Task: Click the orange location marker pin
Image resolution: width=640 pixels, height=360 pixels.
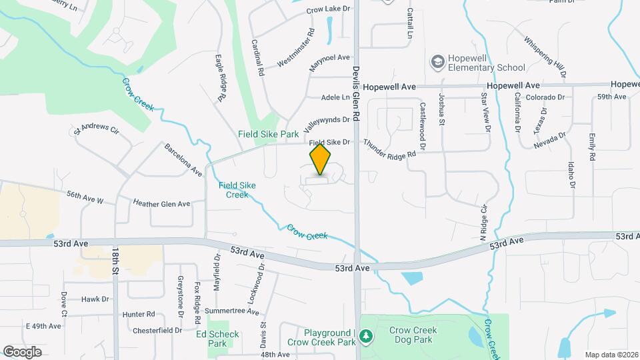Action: coord(321,159)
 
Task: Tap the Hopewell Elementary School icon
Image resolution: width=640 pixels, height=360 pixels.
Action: coord(437,63)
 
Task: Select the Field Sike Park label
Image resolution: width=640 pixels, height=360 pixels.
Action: coord(269,134)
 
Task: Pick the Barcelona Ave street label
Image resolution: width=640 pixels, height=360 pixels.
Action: coord(183,159)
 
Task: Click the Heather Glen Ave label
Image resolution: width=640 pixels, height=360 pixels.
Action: coord(161,203)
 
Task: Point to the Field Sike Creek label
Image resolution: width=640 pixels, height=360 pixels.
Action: coord(233,190)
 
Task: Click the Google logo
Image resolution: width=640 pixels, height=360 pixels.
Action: coord(22,351)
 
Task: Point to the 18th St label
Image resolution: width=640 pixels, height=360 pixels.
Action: coord(115,262)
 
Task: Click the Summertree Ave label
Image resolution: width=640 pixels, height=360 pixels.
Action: coord(232,311)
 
